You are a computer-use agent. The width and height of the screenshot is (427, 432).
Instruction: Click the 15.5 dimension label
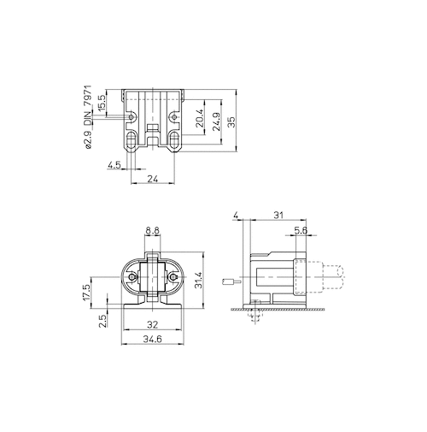(x=102, y=103)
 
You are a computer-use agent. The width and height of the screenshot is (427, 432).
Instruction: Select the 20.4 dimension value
(x=200, y=118)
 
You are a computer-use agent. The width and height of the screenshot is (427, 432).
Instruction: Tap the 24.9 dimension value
(x=217, y=121)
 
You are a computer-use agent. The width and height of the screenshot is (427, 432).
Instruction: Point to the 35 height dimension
(x=232, y=121)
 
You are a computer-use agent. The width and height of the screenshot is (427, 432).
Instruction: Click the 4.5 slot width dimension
(x=114, y=165)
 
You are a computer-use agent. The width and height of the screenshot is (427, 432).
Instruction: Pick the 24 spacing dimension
(x=153, y=179)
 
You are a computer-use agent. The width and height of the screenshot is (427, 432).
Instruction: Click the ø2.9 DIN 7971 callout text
(x=88, y=116)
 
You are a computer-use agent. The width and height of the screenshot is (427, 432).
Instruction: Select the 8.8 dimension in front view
(x=152, y=230)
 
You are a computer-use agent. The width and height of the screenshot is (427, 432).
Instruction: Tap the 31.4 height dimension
(x=198, y=280)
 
